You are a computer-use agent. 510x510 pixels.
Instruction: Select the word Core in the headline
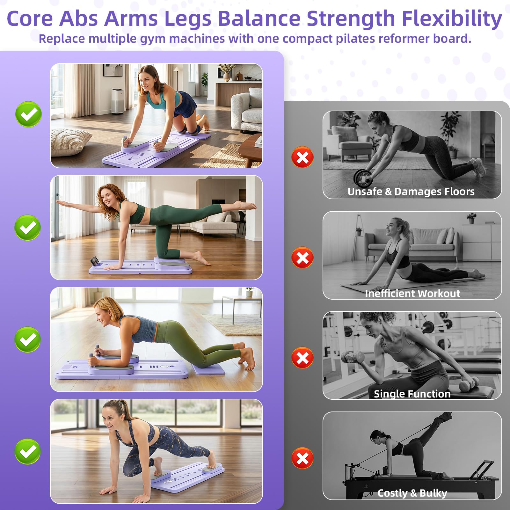click(x=30, y=18)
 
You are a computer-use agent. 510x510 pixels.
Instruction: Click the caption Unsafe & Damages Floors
click(x=411, y=192)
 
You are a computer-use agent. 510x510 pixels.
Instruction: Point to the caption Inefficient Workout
click(x=412, y=294)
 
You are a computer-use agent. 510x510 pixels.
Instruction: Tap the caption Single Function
click(x=412, y=394)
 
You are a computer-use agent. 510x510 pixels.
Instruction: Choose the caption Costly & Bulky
click(x=412, y=493)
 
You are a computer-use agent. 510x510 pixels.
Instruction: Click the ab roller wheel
click(x=363, y=178)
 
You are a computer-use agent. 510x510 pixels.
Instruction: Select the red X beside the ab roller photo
click(x=302, y=157)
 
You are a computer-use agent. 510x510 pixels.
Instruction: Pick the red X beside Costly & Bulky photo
click(x=302, y=458)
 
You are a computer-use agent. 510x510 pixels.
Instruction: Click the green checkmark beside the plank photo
click(x=28, y=339)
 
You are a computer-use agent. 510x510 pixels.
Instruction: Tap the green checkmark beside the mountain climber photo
click(x=28, y=451)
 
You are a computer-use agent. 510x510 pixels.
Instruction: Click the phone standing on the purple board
click(x=94, y=261)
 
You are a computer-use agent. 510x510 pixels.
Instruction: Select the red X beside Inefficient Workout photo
click(x=302, y=258)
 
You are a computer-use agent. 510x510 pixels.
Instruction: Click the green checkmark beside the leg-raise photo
click(x=28, y=228)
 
